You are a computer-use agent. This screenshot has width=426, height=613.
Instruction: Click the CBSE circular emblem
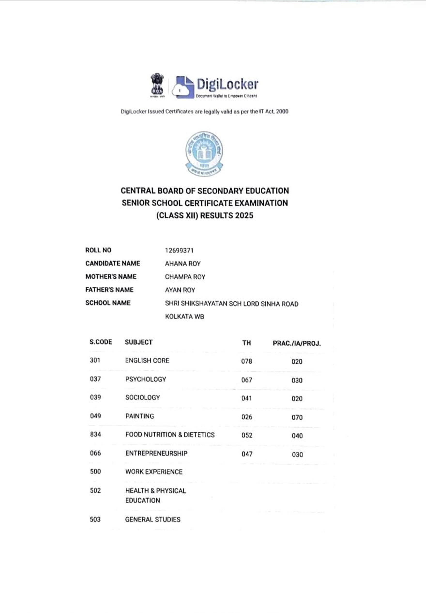(x=204, y=153)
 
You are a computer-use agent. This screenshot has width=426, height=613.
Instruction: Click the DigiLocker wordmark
(x=228, y=84)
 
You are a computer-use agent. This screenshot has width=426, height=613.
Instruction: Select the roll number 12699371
(x=179, y=250)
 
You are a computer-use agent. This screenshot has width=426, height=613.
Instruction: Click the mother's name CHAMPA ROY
(x=185, y=277)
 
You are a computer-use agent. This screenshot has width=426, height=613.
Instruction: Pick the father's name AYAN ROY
(x=180, y=290)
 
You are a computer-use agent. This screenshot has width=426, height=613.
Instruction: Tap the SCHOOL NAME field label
(x=108, y=303)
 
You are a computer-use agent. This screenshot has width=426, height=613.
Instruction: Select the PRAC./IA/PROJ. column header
(x=297, y=343)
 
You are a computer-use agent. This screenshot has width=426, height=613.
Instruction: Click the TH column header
(x=246, y=343)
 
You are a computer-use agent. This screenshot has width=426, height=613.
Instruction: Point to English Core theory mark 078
(x=246, y=361)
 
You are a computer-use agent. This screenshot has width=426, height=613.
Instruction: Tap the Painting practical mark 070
(x=297, y=417)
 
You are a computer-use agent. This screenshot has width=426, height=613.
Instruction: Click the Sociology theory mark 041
(x=246, y=398)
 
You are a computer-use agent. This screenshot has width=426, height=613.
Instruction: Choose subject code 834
(x=95, y=434)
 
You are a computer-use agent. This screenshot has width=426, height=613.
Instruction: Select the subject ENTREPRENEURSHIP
(x=156, y=453)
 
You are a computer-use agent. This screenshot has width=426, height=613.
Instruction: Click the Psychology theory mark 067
(x=246, y=380)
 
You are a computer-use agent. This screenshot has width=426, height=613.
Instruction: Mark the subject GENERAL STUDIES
(x=153, y=519)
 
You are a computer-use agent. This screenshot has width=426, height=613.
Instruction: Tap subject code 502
(x=95, y=490)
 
